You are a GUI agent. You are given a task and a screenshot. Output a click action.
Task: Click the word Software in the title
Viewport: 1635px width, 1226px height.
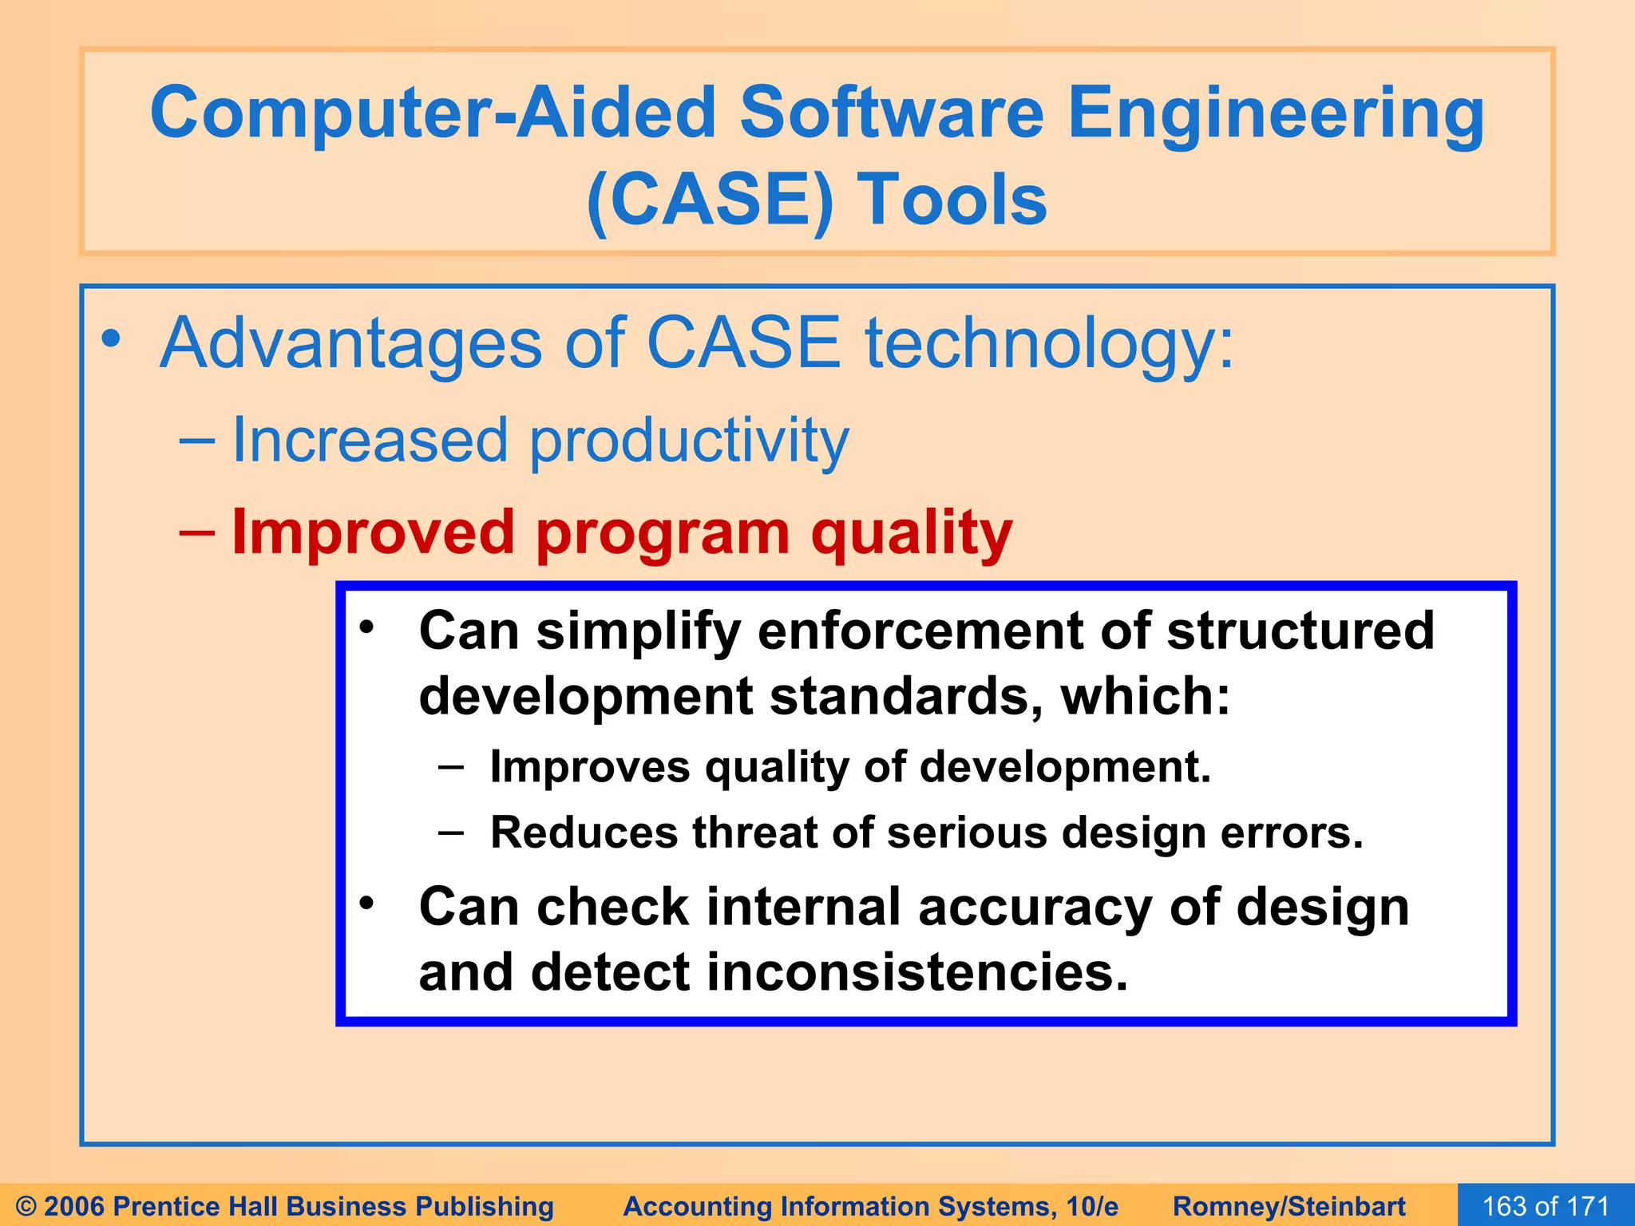coord(891,113)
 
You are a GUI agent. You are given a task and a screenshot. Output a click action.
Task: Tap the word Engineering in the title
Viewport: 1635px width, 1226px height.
coord(1275,117)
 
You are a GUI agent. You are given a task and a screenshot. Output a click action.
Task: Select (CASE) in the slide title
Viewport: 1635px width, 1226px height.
coord(709,200)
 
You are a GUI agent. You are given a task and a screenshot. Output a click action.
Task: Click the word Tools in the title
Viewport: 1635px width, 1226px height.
coord(952,200)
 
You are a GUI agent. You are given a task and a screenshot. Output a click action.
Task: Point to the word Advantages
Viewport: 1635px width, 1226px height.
coord(351,343)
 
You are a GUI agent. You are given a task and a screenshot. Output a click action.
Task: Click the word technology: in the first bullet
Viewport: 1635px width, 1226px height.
coord(1049,343)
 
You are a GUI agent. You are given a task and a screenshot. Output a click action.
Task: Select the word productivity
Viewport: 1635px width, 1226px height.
coord(689,441)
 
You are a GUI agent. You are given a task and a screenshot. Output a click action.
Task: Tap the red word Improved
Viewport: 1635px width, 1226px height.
coord(373,532)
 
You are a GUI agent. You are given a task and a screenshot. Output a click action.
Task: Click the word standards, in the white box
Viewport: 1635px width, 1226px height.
coord(906,696)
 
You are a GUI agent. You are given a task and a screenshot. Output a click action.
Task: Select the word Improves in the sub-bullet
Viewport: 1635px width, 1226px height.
coord(589,767)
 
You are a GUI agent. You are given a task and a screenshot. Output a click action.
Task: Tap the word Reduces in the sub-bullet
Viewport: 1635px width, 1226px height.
coord(584,832)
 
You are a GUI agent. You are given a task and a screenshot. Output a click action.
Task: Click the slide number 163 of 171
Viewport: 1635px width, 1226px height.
coord(1545,1206)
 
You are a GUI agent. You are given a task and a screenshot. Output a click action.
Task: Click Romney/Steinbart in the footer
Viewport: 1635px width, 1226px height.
coord(1289,1206)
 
